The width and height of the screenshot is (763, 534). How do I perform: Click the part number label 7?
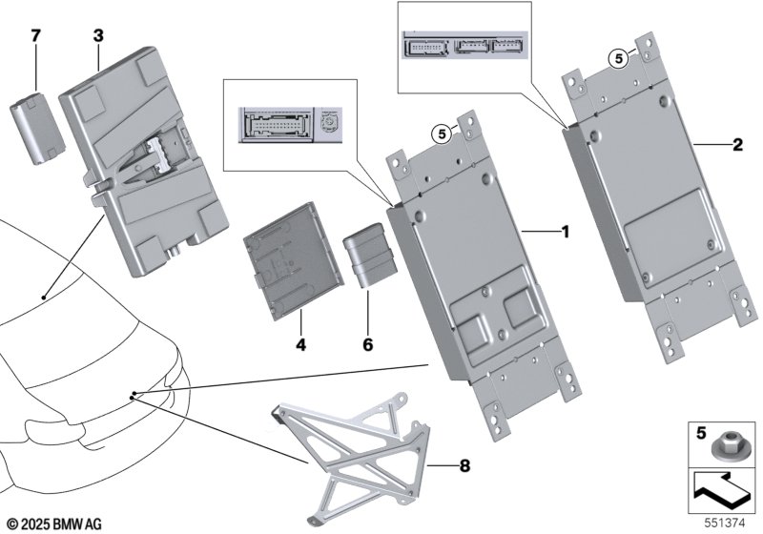click(36, 35)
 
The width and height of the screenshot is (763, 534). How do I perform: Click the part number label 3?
click(98, 35)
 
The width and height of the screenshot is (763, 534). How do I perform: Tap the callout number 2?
click(736, 145)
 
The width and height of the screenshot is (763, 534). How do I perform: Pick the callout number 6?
click(368, 339)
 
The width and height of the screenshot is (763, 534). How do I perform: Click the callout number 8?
click(464, 466)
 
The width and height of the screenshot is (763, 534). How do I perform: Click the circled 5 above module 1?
click(441, 134)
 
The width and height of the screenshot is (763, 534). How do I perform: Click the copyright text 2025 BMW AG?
click(53, 524)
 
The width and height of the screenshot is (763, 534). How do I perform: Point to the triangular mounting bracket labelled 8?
click(359, 463)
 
